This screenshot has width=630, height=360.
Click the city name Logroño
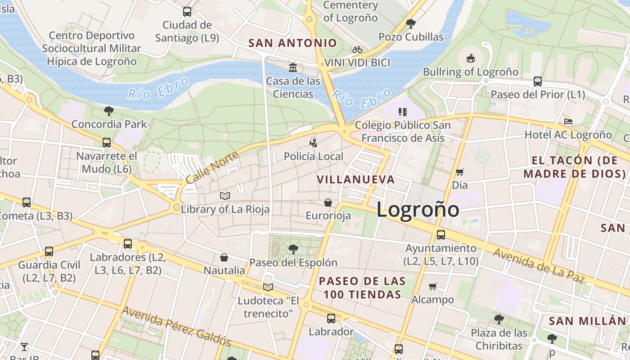pos(418,210)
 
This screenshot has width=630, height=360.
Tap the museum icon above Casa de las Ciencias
pos(293,68)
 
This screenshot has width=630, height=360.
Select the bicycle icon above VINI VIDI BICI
pos(357,49)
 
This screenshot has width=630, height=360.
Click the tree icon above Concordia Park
pos(108,111)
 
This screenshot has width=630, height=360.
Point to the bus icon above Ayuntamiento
pos(441,234)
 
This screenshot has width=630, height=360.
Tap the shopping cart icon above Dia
pos(459,172)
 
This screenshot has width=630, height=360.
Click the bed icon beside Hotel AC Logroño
pos(568,121)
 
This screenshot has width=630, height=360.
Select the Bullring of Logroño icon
pos(470,58)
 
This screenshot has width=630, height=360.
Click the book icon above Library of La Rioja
pos(225,196)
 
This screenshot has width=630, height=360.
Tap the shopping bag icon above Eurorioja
pos(328,202)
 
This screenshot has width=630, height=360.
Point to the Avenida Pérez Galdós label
pos(176,326)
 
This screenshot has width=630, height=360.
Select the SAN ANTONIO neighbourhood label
pos(292,43)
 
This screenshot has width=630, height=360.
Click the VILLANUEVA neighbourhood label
pos(355,180)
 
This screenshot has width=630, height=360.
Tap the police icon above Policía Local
pos(313,143)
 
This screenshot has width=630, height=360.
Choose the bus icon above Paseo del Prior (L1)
pos(538,81)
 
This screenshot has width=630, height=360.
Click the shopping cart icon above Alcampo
pos(433,286)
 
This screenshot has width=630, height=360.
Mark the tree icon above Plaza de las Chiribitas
pos(499,319)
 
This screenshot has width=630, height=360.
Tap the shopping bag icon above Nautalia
pos(224,257)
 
